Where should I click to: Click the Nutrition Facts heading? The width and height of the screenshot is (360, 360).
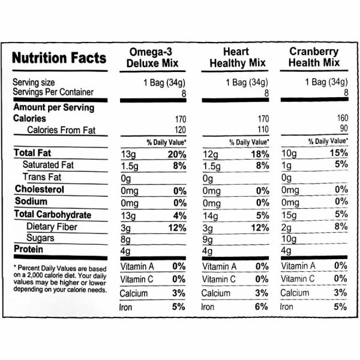[x=59, y=58]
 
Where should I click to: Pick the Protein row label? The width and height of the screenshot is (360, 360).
[x=30, y=250]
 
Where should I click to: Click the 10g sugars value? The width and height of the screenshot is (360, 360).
[x=289, y=239]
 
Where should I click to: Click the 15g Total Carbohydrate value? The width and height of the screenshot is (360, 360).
[x=289, y=215]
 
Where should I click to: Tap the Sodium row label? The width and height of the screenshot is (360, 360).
[x=31, y=202]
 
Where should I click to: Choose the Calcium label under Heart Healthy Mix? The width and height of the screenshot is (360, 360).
[x=215, y=293]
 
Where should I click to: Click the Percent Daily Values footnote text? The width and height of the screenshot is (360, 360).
[x=59, y=278]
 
